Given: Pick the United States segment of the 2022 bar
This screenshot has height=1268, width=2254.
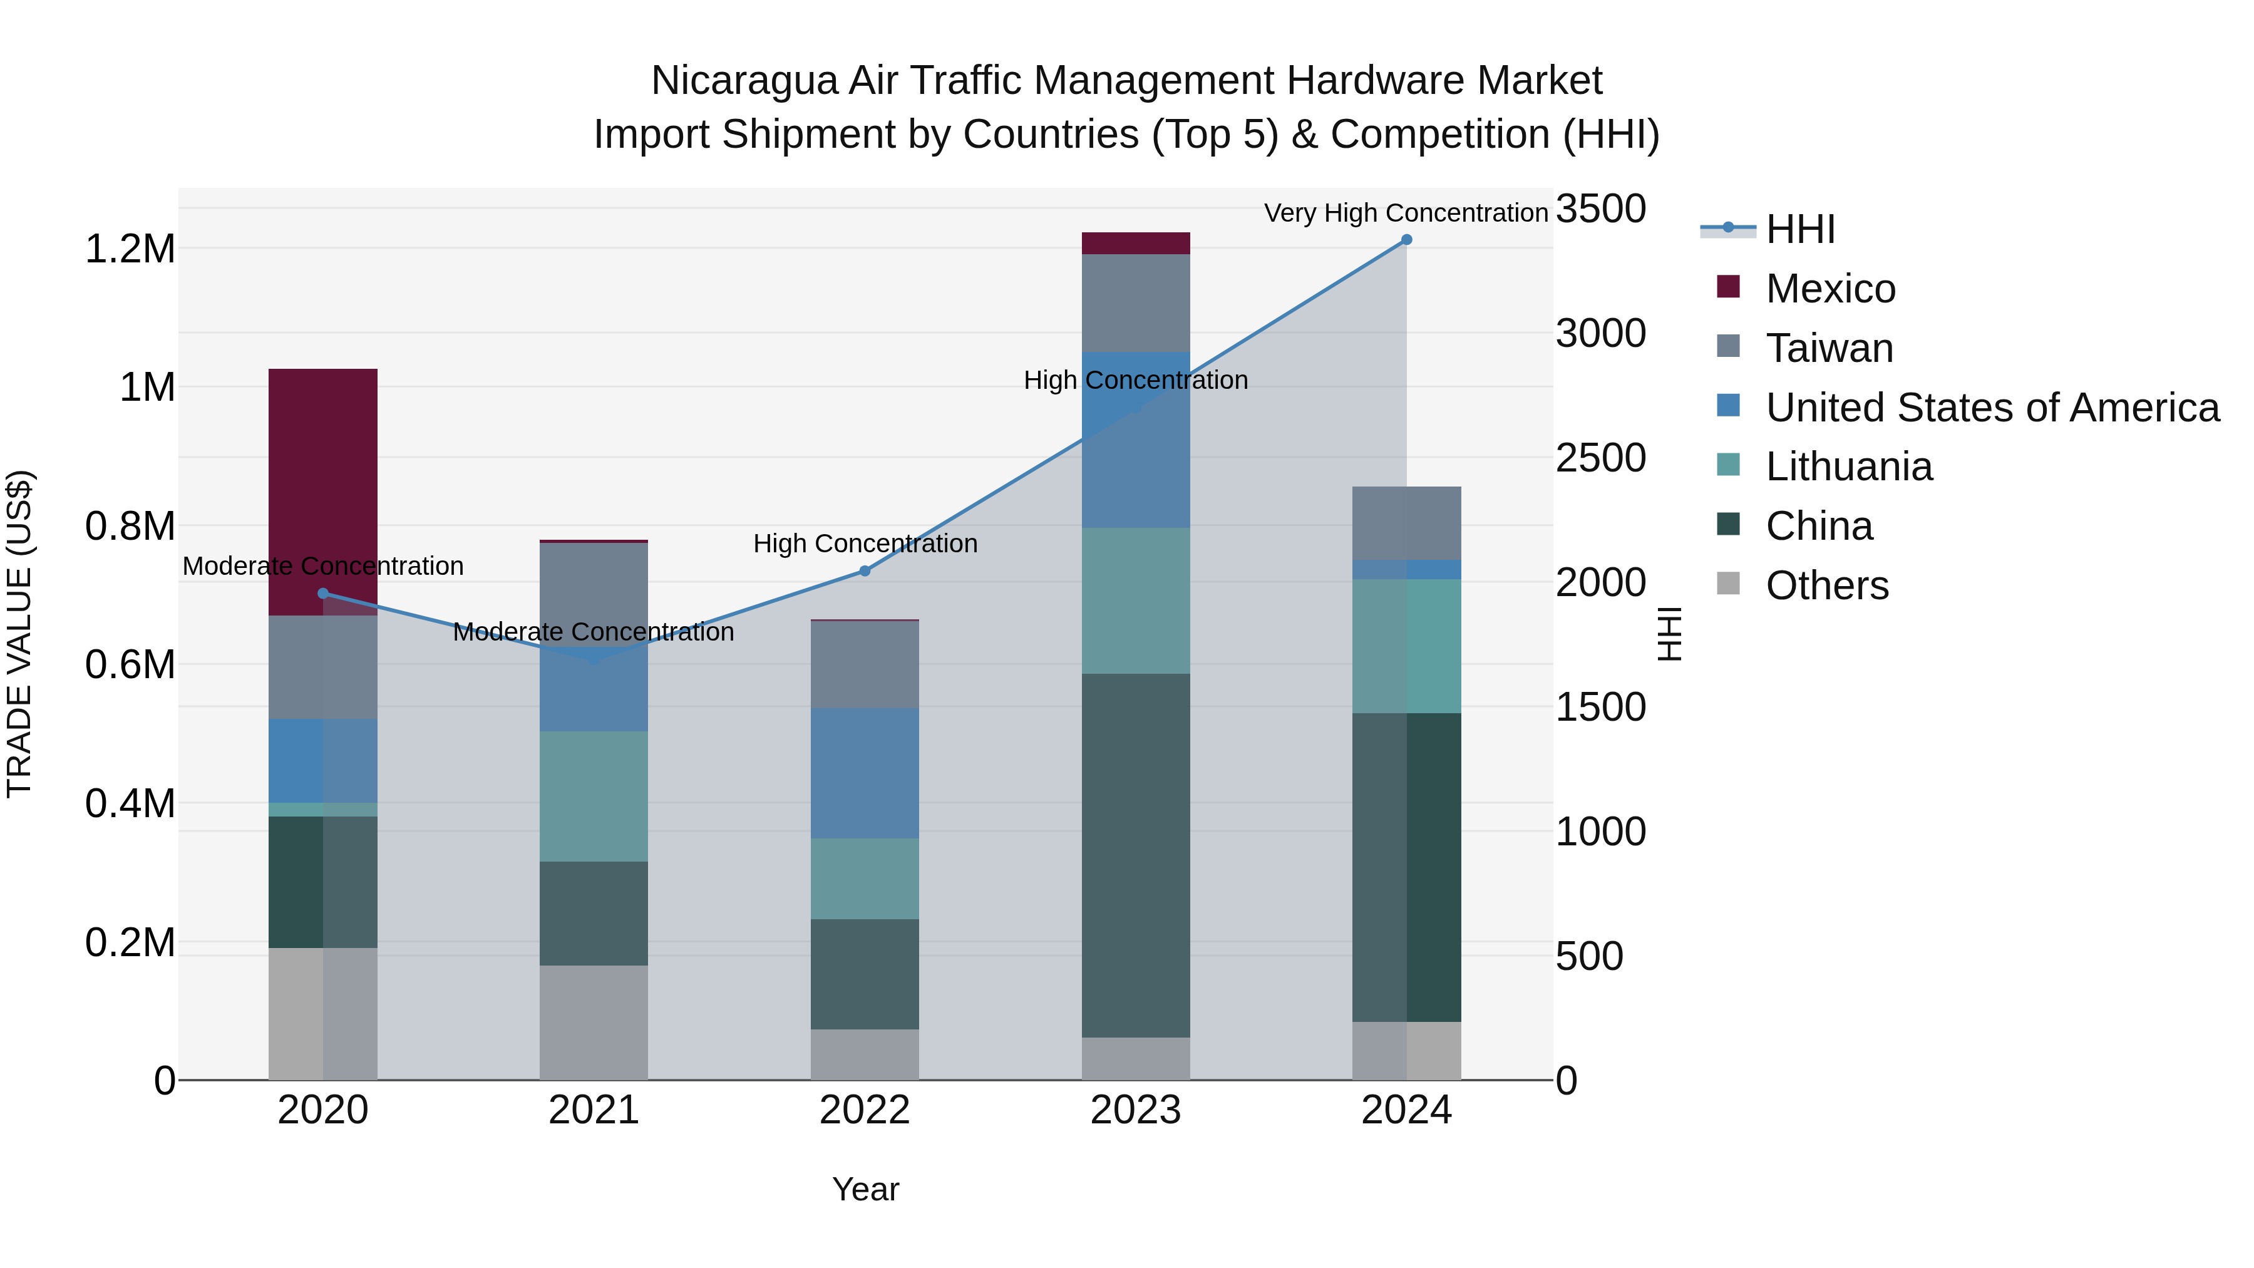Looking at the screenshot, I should click(865, 773).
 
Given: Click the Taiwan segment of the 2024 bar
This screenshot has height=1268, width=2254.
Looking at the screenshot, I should click(1406, 522).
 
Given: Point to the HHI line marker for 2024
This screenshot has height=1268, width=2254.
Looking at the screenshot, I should click(1406, 240).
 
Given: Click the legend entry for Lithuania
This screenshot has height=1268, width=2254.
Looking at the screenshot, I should click(1848, 466).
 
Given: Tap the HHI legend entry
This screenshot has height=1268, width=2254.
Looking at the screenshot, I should click(1800, 229).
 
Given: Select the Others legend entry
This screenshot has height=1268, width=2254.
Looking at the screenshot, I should click(1826, 585).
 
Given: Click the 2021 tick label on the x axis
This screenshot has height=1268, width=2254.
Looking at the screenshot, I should click(594, 1110).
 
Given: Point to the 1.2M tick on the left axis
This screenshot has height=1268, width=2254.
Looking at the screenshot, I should click(130, 249).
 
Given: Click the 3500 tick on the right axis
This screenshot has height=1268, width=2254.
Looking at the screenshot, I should click(1600, 209).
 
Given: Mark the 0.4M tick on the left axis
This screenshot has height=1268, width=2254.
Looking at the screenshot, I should click(130, 803).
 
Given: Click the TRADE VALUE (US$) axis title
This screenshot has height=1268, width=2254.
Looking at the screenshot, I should click(19, 634).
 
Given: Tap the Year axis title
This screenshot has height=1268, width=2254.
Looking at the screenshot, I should click(865, 1189).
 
